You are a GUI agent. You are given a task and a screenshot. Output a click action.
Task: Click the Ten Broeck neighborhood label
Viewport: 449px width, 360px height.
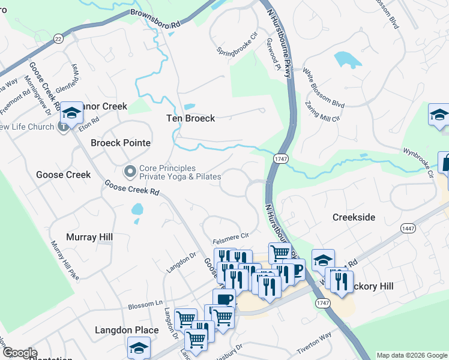click(x=190, y=118)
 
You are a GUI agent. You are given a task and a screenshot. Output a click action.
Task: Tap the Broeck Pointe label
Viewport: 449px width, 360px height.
click(x=120, y=143)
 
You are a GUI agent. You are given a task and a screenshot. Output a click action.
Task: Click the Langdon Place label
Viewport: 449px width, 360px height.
click(x=127, y=330)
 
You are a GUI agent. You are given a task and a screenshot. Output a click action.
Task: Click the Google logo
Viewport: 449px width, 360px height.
click(x=20, y=353)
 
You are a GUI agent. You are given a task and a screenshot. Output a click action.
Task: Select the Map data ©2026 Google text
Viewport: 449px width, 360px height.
click(x=412, y=355)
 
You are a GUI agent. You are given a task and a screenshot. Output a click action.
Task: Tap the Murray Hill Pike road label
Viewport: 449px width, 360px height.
click(x=65, y=260)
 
